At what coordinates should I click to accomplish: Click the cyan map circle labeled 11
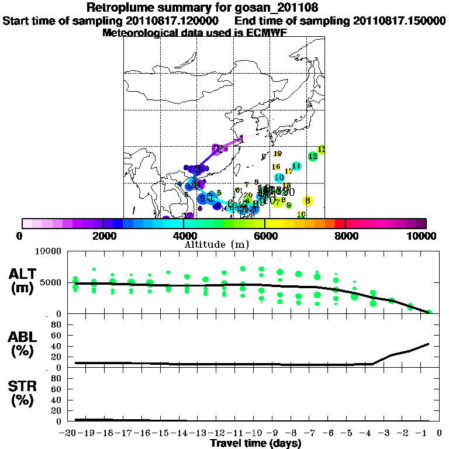[x=296, y=166]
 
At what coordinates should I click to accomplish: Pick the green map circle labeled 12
[x=313, y=156]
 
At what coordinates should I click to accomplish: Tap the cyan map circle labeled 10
[x=279, y=177]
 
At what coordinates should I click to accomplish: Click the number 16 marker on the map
[x=276, y=167]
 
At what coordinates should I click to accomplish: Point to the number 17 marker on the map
[x=288, y=171]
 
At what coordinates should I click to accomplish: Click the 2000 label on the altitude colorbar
[x=102, y=236]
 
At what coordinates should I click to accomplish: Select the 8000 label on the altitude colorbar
[x=346, y=236]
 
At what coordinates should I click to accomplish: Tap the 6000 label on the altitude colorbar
[x=265, y=236]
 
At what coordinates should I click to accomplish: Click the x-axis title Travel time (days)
[x=255, y=443]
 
